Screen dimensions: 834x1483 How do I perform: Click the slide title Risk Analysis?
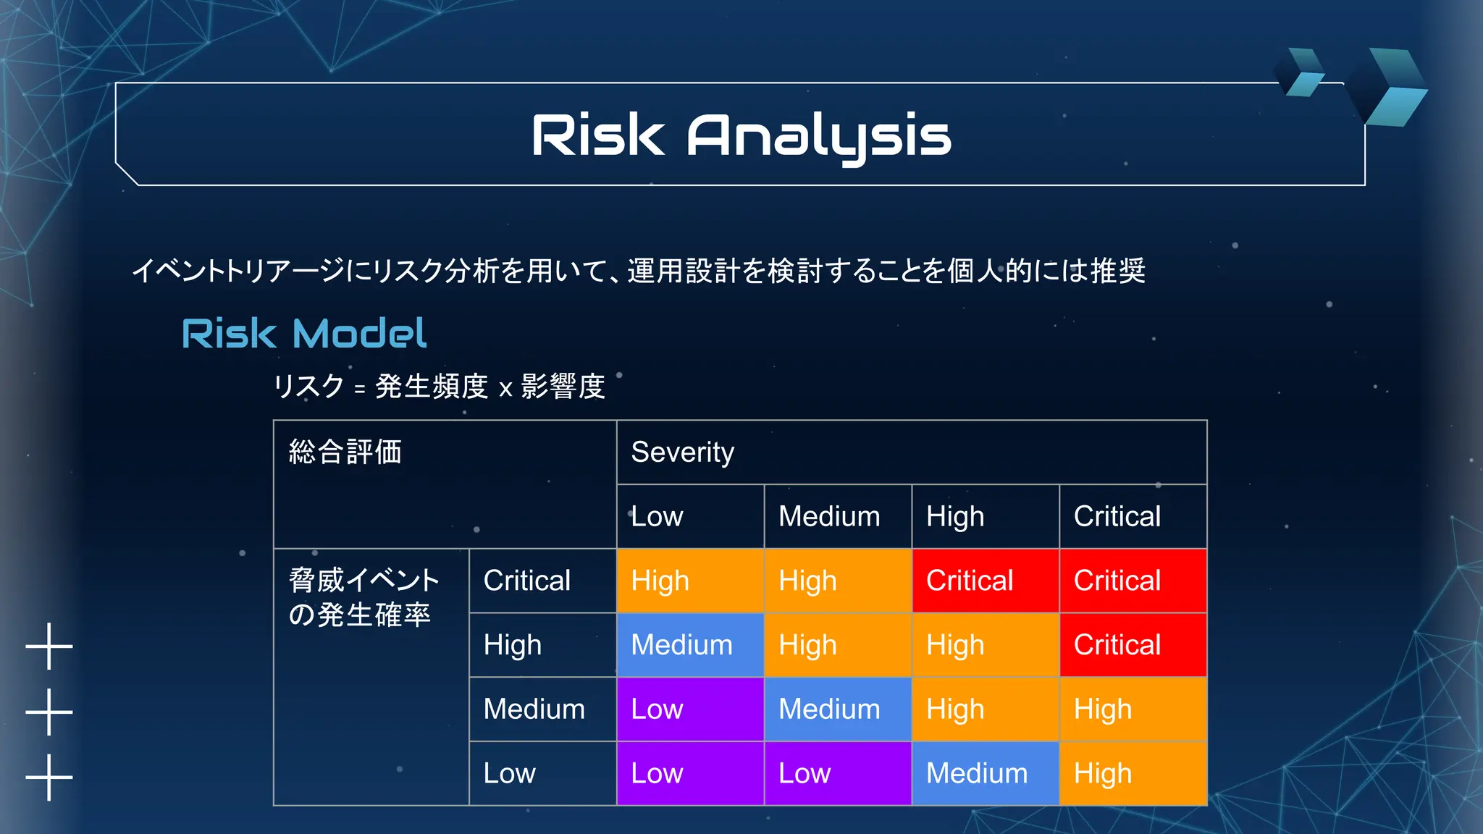pos(741,135)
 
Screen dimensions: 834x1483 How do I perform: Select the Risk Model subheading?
pos(304,334)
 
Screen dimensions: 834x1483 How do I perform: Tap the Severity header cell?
pos(911,452)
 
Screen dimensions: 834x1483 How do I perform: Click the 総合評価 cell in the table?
pos(345,452)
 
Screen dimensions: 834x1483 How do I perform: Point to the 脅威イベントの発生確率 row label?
pos(364,597)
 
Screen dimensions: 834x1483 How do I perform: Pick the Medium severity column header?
pos(830,517)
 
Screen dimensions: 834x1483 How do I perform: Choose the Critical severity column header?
pos(1117,517)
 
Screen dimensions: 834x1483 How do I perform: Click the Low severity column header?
pos(657,517)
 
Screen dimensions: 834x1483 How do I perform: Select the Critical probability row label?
pos(527,581)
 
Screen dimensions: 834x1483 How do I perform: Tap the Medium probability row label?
pos(534,709)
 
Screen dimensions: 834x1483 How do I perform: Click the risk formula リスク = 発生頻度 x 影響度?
pos(439,387)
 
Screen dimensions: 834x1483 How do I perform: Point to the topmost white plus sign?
pos(49,646)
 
